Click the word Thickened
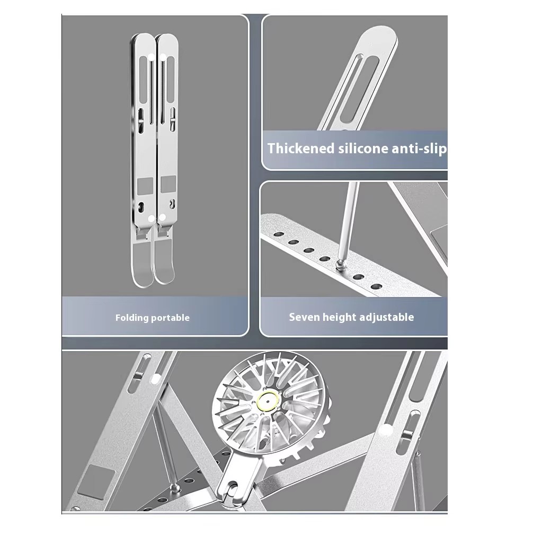point(300,148)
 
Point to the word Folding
point(132,318)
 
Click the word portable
point(170,318)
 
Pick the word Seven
point(304,317)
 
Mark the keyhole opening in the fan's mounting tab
point(231,497)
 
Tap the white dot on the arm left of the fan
point(156,379)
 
